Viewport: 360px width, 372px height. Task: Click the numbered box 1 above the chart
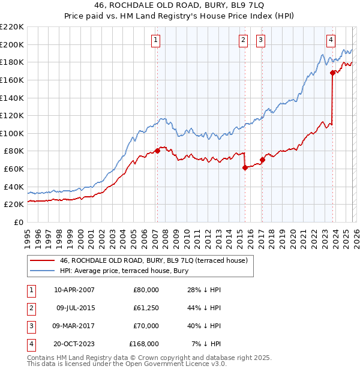(x=155, y=40)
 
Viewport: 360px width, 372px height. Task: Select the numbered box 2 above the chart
(x=243, y=40)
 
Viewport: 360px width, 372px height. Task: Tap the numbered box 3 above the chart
(x=262, y=40)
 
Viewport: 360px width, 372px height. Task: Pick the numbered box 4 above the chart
(x=331, y=40)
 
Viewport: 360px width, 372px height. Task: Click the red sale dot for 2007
(x=157, y=151)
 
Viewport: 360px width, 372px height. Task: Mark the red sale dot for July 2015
(x=245, y=167)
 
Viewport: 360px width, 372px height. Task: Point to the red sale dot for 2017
(x=262, y=160)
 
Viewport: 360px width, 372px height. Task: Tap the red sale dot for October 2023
(x=332, y=73)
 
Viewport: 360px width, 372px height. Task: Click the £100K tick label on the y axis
(x=12, y=133)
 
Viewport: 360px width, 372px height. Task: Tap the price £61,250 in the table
(x=144, y=308)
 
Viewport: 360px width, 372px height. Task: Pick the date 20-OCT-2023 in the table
(x=74, y=344)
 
